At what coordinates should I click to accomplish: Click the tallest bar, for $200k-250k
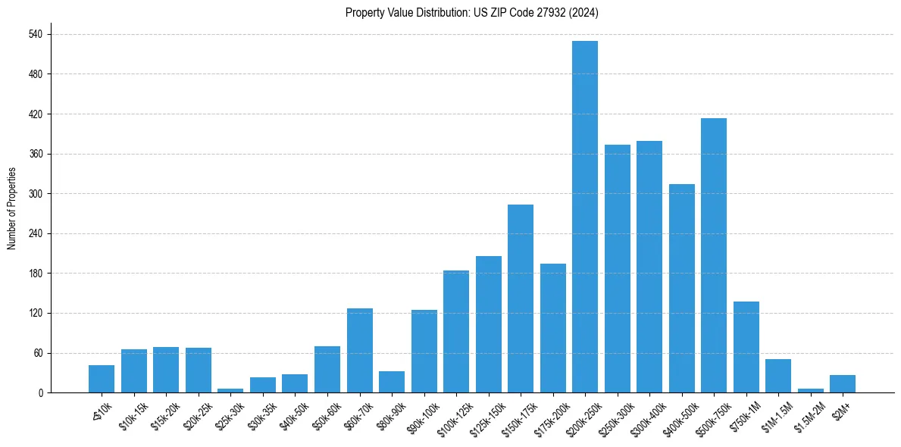(x=584, y=217)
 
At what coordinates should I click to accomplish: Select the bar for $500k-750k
(x=713, y=255)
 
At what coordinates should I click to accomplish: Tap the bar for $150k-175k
(x=520, y=299)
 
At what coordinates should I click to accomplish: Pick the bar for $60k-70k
(x=359, y=350)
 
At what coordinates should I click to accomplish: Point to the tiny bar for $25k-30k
(x=230, y=390)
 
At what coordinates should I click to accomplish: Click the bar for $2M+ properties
(x=842, y=384)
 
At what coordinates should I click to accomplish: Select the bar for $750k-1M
(x=746, y=347)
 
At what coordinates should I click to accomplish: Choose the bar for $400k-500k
(x=681, y=288)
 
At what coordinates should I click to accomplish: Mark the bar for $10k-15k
(x=134, y=371)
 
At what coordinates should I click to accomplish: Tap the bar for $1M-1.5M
(x=777, y=376)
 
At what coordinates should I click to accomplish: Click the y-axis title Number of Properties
(x=11, y=208)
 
